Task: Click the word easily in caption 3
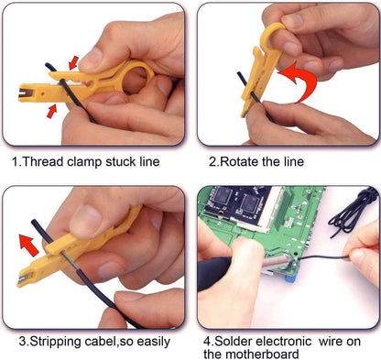coord(151,342)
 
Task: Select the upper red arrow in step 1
coord(71,62)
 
